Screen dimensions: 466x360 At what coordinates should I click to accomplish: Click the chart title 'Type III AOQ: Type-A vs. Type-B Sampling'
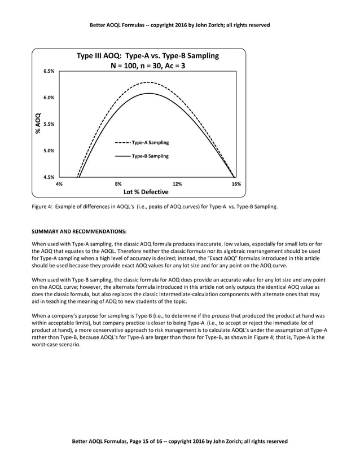point(147,56)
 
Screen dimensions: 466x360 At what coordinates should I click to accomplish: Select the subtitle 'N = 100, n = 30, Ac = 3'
point(147,66)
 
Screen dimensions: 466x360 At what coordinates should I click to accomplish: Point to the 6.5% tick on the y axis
point(49,72)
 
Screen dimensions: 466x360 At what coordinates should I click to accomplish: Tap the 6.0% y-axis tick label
point(49,98)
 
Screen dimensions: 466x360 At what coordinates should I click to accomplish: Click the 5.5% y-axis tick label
point(49,124)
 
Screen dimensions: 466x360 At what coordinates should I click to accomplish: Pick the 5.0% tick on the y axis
point(49,151)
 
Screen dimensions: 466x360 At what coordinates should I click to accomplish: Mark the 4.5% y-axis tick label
point(49,177)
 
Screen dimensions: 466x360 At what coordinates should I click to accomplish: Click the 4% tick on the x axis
point(59,184)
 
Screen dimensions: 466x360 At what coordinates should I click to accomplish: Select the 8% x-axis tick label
point(118,184)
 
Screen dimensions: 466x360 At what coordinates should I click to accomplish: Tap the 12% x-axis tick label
point(177,184)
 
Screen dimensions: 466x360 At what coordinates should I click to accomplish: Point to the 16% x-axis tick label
point(236,184)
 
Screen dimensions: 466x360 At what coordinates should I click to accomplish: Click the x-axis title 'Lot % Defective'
point(146,192)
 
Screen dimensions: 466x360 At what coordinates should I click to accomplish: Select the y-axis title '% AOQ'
point(38,124)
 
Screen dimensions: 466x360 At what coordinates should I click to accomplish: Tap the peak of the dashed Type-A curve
point(148,82)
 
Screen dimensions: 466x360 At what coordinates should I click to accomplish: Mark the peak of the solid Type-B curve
point(148,93)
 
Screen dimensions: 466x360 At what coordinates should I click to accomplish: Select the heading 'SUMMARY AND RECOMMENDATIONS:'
point(79,231)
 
